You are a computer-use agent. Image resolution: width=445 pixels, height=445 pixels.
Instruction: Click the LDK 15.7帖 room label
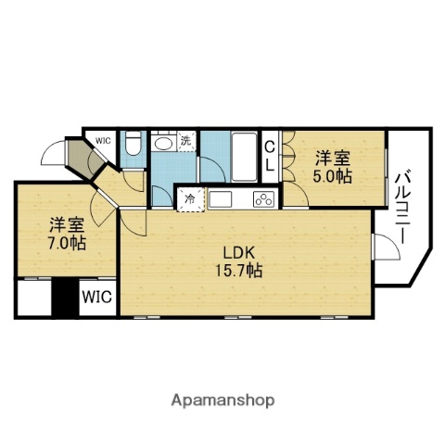(240, 261)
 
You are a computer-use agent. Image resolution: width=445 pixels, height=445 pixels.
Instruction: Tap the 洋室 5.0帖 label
(331, 165)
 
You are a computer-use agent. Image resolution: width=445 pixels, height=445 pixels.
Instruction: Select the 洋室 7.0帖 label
(67, 234)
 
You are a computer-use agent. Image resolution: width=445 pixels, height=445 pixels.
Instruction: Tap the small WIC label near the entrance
(101, 140)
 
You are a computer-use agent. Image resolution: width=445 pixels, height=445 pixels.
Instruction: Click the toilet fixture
(133, 144)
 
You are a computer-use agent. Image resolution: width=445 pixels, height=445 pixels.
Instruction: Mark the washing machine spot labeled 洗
(185, 141)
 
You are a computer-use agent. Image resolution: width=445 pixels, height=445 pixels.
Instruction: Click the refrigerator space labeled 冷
(190, 198)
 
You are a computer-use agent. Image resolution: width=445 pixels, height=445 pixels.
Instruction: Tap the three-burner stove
(263, 199)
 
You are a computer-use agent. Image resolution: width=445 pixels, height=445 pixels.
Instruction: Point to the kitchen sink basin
(223, 199)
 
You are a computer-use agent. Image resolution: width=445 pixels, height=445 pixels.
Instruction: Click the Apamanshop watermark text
(222, 400)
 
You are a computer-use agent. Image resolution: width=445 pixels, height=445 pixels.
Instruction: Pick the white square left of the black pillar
(34, 298)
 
